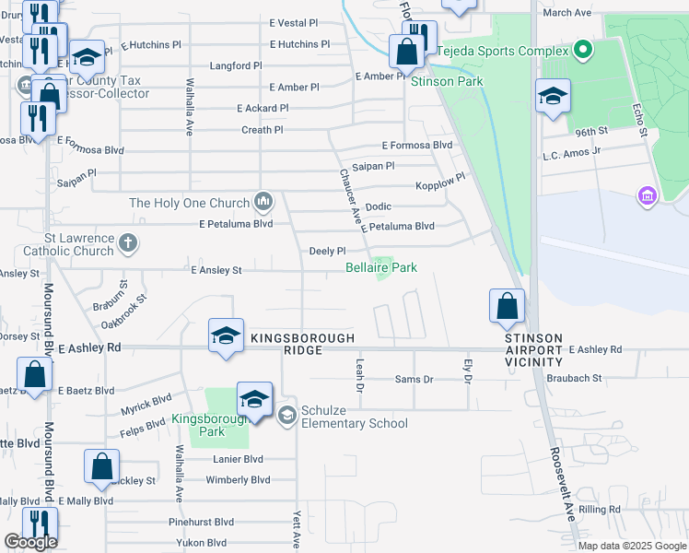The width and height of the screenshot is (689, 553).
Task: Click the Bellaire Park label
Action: click(381, 267)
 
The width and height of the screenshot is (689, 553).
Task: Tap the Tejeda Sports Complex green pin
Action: click(581, 49)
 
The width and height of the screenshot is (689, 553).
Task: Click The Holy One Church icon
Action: click(263, 201)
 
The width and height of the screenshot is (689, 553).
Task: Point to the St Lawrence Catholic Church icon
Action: click(128, 243)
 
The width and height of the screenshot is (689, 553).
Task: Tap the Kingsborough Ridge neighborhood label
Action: click(302, 345)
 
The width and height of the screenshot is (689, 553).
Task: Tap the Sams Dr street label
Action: click(414, 379)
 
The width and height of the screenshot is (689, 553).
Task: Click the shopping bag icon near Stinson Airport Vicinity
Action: click(507, 308)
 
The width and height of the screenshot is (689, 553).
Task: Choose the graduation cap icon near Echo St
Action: click(552, 96)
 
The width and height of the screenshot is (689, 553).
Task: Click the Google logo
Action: click(30, 542)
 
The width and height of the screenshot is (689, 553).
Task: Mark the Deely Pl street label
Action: click(327, 251)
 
